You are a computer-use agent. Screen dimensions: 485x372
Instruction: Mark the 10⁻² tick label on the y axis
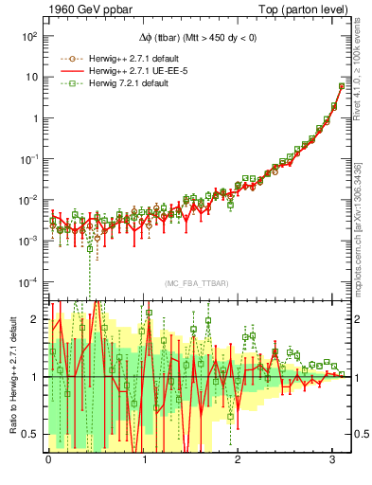(x=27, y=200)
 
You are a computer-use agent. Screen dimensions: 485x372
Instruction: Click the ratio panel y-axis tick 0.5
(x=30, y=434)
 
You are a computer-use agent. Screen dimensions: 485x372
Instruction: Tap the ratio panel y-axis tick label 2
(x=34, y=319)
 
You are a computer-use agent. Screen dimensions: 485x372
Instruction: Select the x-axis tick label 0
(x=49, y=459)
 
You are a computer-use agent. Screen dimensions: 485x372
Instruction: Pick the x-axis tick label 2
(x=238, y=459)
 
